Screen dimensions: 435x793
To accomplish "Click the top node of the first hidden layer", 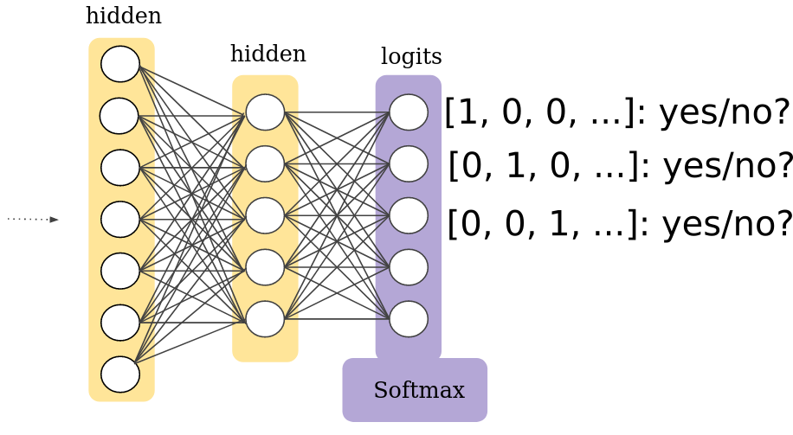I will click(120, 64).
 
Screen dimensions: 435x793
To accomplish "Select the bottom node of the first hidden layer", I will click(120, 374).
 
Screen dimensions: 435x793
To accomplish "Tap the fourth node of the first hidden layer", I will click(120, 220).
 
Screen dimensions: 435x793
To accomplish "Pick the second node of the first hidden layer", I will click(119, 116).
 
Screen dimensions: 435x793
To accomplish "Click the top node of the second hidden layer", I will click(265, 112).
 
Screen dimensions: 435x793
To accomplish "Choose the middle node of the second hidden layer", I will click(265, 215).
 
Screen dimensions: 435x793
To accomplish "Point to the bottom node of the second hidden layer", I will click(265, 319).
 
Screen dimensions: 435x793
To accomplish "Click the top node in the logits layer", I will click(409, 112).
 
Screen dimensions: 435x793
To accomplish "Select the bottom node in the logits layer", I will click(409, 319).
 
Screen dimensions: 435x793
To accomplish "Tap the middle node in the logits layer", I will click(409, 215).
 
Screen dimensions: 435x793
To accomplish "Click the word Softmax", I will click(419, 391).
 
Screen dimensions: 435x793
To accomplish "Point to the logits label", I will click(411, 57).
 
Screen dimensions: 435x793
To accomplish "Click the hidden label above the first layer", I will click(123, 16).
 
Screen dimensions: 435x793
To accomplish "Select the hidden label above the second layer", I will click(268, 54).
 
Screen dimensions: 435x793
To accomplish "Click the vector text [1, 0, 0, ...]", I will click(539, 112).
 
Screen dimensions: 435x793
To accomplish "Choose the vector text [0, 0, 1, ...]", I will click(541, 225).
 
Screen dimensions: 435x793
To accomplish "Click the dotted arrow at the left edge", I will click(33, 220).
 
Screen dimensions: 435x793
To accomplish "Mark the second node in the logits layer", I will click(409, 164).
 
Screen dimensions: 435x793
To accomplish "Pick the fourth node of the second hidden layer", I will click(265, 267).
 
